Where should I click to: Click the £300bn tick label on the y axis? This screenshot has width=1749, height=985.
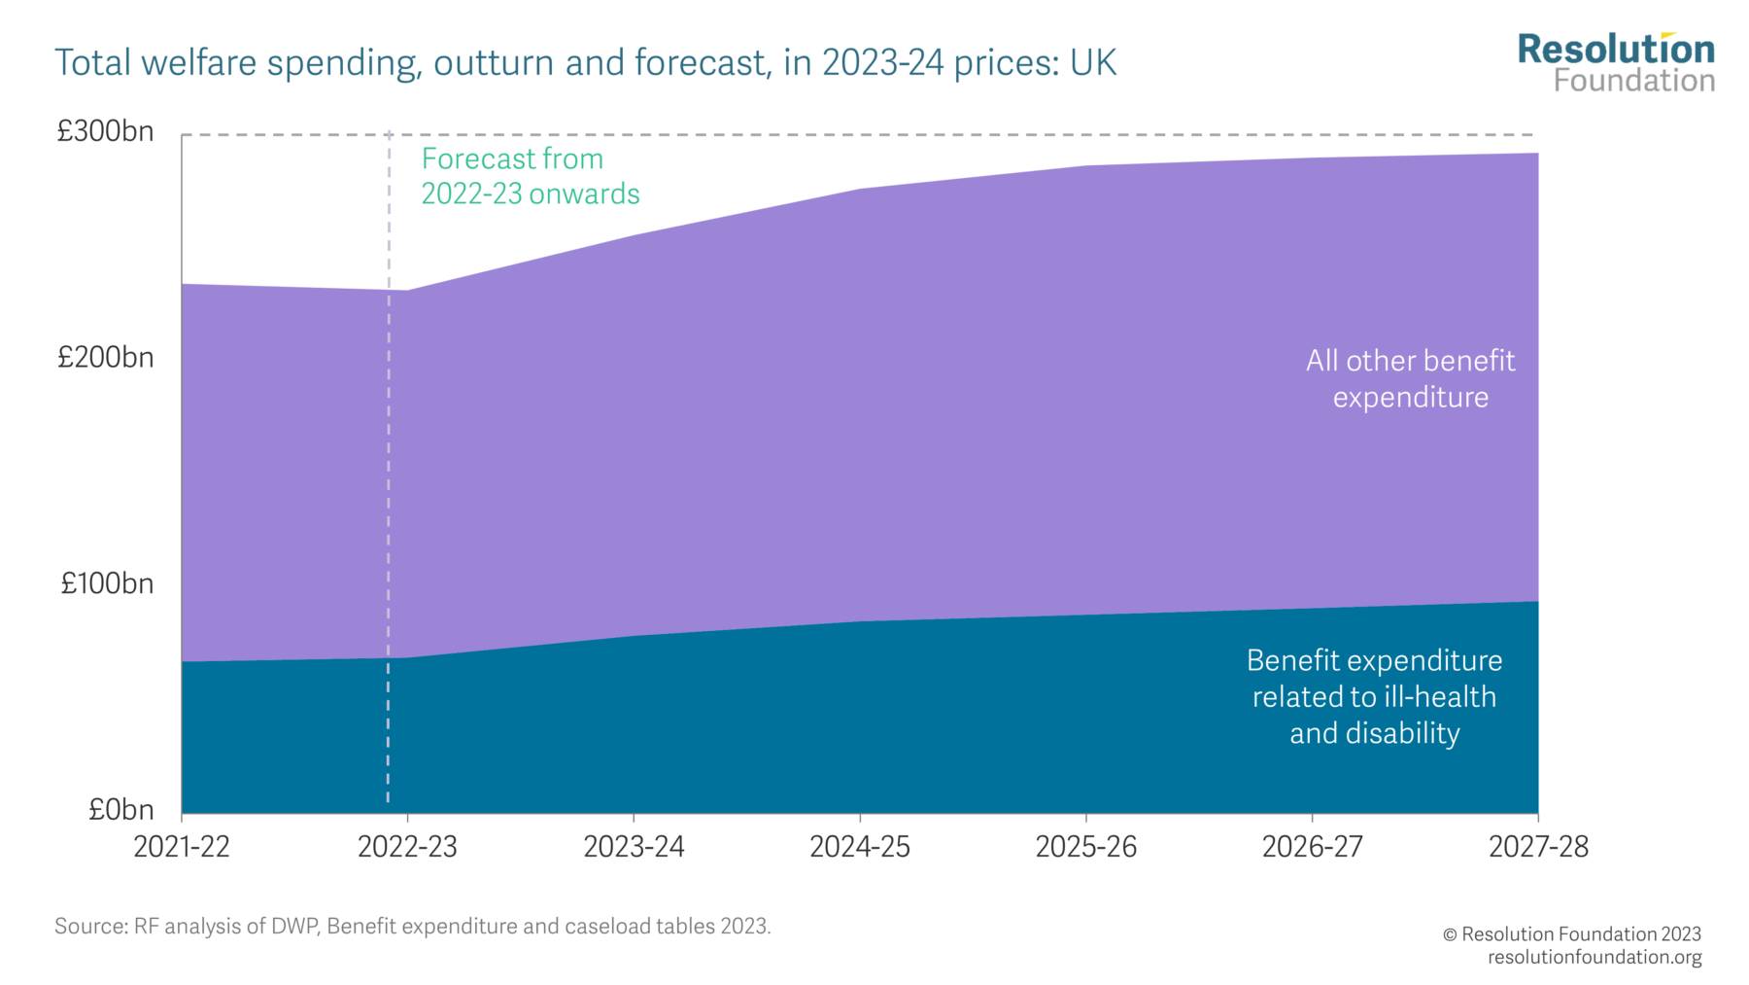pos(105,131)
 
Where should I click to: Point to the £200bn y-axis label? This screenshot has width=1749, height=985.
pos(105,358)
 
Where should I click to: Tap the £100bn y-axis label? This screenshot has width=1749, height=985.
pos(107,583)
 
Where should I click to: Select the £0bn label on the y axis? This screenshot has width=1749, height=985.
pos(120,810)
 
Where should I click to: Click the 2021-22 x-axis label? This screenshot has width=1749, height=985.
pos(182,847)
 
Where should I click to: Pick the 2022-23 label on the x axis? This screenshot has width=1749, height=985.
pos(407,847)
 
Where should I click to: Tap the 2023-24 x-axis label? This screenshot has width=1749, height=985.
pos(634,847)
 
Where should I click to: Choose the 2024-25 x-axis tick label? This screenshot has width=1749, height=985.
pos(860,847)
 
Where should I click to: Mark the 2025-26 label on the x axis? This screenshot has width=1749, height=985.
pos(1086,847)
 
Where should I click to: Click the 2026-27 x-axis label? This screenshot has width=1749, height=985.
pos(1312,847)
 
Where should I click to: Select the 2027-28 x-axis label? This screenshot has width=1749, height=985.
pos(1538,847)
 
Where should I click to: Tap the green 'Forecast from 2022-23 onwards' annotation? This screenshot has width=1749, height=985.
pos(530,176)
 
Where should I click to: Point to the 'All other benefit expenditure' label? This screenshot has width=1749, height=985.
pos(1410,378)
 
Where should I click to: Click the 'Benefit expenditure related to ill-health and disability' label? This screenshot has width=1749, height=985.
pos(1374,696)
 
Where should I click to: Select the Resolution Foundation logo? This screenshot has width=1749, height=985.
pos(1616,63)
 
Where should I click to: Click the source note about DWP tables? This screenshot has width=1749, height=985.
pos(412,926)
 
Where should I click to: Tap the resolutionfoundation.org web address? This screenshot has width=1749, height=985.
pos(1594,957)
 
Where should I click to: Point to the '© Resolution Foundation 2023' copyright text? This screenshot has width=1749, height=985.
pos(1571,934)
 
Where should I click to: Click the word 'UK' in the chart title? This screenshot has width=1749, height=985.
pos(1093,63)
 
